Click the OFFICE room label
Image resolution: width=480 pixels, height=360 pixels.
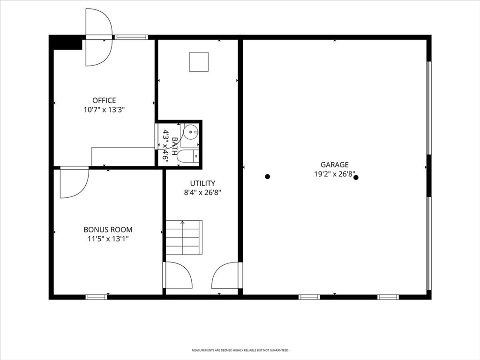pyautogui.click(x=104, y=100)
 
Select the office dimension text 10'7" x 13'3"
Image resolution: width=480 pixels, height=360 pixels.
pyautogui.click(x=104, y=110)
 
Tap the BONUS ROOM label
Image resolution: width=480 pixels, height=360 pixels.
pyautogui.click(x=108, y=230)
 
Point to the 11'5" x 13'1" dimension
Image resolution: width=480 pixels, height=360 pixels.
pyautogui.click(x=108, y=239)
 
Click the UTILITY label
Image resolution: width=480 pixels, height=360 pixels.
pyautogui.click(x=202, y=183)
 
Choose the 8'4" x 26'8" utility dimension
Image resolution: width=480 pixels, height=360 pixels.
pyautogui.click(x=202, y=193)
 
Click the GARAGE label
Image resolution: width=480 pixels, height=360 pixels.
pyautogui.click(x=335, y=165)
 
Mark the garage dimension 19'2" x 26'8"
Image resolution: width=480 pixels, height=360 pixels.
pyautogui.click(x=335, y=174)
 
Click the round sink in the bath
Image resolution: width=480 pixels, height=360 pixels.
pyautogui.click(x=191, y=132)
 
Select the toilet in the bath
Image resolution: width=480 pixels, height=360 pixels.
pyautogui.click(x=188, y=157)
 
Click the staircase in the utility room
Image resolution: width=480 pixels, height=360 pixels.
pyautogui.click(x=184, y=237)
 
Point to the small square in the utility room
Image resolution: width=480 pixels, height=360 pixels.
pyautogui.click(x=199, y=62)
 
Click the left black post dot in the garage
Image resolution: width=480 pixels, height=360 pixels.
pyautogui.click(x=268, y=177)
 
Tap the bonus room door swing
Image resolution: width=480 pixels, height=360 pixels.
pyautogui.click(x=75, y=182)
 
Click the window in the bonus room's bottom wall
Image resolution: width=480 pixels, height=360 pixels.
pyautogui.click(x=97, y=297)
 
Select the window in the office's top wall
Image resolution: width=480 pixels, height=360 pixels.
pyautogui.click(x=131, y=37)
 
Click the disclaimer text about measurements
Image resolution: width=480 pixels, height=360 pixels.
pyautogui.click(x=240, y=350)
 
